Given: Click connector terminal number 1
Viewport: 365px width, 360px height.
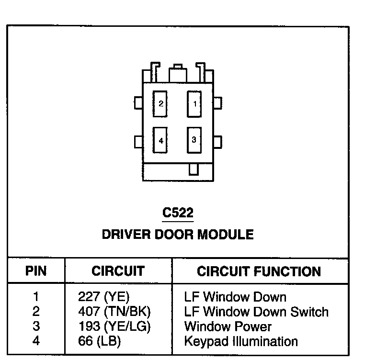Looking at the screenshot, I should tap(194, 103).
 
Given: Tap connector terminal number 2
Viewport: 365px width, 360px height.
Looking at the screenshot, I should tap(161, 103).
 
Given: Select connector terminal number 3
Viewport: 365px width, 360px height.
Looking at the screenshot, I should tap(194, 140).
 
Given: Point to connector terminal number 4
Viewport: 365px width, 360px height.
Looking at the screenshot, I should tap(161, 140).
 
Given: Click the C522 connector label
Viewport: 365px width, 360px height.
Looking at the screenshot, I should tap(178, 213).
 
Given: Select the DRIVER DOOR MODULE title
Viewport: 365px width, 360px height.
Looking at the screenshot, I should tap(178, 235).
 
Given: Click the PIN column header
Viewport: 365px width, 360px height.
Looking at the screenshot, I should tap(36, 271).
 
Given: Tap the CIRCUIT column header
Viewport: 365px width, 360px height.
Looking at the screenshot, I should tap(118, 271).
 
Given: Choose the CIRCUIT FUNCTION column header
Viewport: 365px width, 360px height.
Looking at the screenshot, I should tap(259, 271).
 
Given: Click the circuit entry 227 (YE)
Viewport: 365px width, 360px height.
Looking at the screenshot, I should tap(104, 297).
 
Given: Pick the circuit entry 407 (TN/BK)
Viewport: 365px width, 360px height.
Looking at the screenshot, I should tap(114, 312).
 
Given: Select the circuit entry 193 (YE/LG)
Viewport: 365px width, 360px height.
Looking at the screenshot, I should tap(114, 327).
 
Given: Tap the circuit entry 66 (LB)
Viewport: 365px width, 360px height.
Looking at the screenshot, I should tap(99, 341).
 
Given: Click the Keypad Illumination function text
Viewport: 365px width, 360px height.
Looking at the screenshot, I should tap(241, 341).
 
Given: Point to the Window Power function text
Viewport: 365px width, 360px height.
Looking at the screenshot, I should tap(228, 327).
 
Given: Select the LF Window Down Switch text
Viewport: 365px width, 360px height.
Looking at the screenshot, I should tap(256, 312).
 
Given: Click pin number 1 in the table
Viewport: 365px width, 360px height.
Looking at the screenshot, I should tap(36, 297).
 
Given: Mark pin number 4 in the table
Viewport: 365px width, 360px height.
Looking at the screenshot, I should tap(36, 341).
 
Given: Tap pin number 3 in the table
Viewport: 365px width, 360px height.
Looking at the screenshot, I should tap(36, 327).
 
